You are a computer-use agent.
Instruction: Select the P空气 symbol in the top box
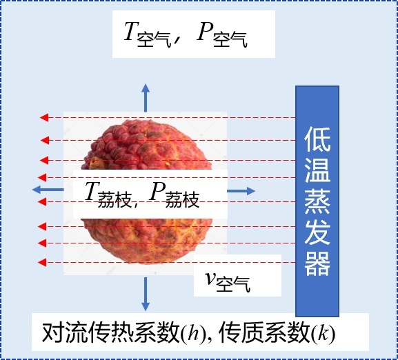(222, 34)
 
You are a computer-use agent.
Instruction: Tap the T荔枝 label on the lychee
(108, 194)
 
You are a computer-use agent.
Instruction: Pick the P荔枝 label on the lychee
(175, 194)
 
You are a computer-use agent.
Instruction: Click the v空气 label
(228, 281)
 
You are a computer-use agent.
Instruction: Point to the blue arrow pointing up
(146, 98)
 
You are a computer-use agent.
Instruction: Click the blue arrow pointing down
(146, 294)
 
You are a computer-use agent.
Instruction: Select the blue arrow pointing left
(48, 189)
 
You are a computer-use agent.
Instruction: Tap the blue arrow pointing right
(241, 191)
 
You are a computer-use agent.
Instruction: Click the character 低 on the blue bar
(317, 139)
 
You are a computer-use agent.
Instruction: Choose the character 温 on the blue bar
(317, 170)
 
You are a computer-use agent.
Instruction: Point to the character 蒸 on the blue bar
(317, 201)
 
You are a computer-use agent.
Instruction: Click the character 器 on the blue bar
(317, 263)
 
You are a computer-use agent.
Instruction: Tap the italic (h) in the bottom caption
(193, 333)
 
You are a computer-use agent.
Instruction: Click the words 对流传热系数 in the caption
(111, 332)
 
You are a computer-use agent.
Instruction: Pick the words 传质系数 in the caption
(265, 332)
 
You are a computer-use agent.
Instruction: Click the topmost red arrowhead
(44, 117)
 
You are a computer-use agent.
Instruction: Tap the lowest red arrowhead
(42, 262)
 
